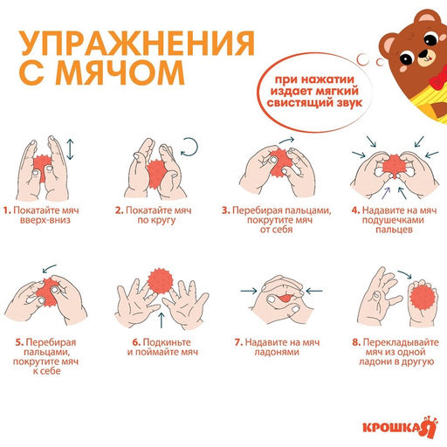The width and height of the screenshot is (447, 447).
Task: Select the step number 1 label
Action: point(6,210)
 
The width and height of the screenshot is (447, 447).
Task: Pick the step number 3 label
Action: point(225,210)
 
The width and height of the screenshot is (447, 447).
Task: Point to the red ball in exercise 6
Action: point(160,282)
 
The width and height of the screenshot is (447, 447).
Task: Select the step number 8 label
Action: point(355,341)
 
